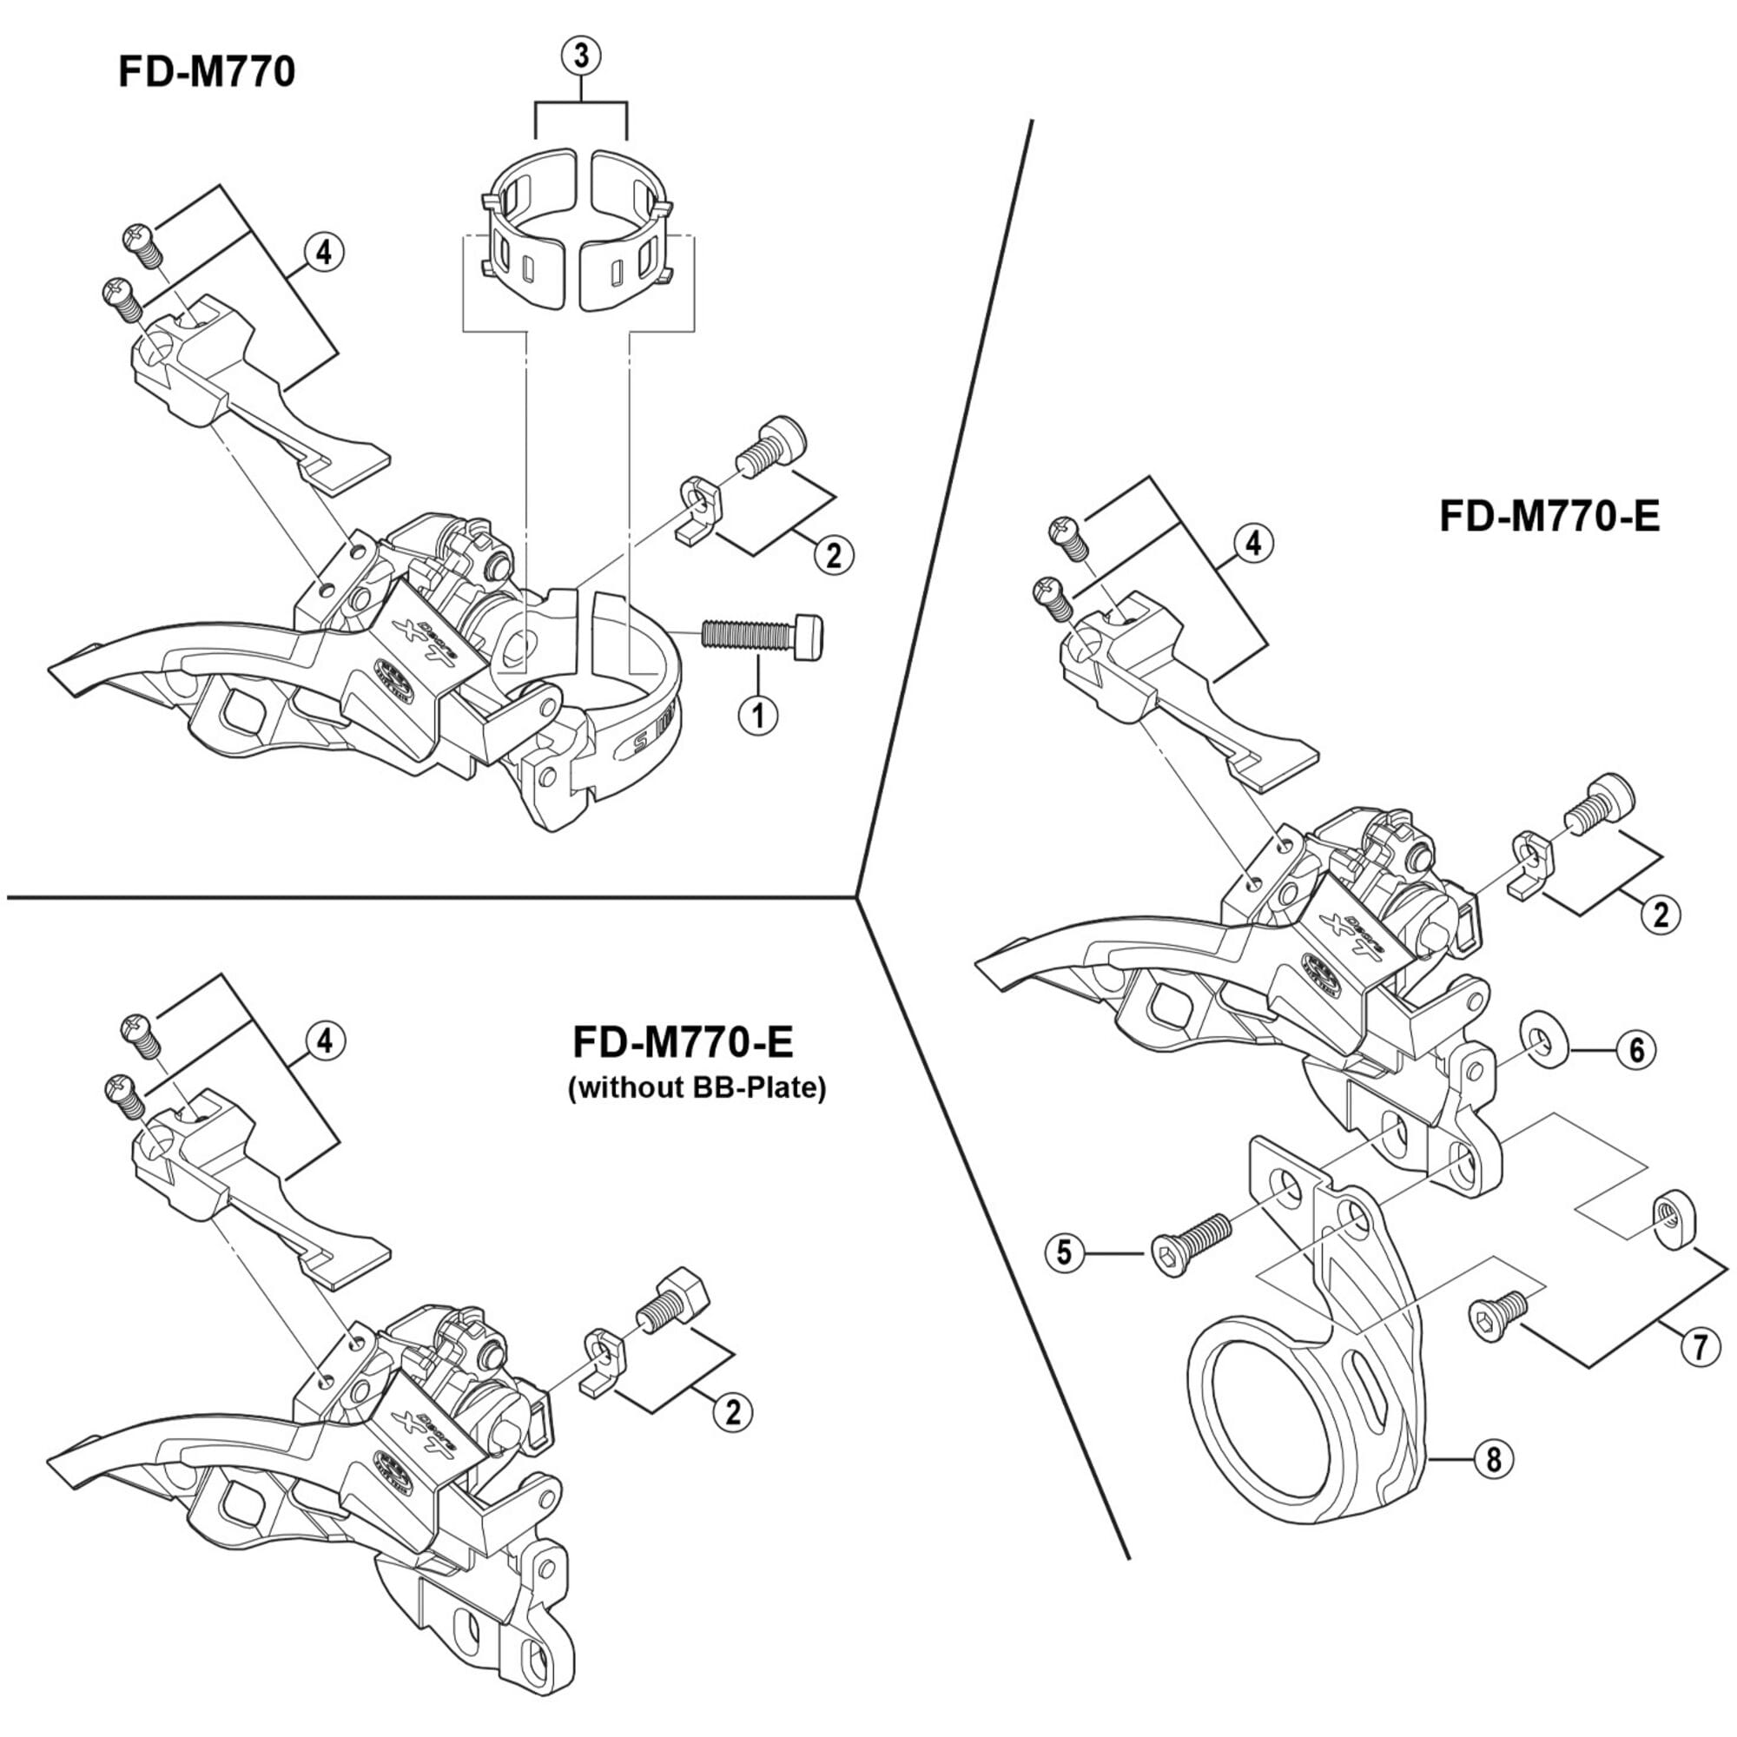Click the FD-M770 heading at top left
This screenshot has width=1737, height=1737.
(207, 72)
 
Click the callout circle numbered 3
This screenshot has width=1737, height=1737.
(581, 56)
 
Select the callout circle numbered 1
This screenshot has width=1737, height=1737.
(757, 716)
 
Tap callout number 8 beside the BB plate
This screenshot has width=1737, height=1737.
(1493, 1458)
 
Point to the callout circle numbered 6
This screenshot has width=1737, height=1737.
(1635, 1049)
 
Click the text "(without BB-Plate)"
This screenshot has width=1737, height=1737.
(697, 1089)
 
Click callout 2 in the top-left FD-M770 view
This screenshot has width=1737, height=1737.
(834, 555)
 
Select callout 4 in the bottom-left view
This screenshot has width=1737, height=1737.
(325, 1041)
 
